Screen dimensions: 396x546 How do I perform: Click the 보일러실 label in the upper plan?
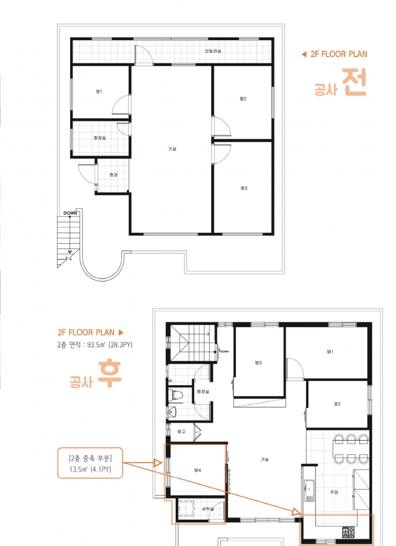click(213, 51)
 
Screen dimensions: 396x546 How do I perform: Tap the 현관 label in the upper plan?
click(114, 175)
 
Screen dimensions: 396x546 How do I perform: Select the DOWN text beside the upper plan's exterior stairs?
click(70, 213)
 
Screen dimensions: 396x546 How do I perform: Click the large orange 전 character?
click(354, 81)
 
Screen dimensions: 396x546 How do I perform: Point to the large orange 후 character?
click(109, 375)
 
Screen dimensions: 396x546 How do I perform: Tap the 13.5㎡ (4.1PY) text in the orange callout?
click(90, 469)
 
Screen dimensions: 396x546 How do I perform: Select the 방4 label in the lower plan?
click(197, 470)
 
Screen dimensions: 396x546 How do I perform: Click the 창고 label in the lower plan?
click(181, 432)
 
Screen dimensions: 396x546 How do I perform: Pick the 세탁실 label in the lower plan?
click(208, 509)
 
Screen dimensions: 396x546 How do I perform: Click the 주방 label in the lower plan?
click(334, 492)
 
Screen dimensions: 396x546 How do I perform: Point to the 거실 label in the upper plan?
click(172, 149)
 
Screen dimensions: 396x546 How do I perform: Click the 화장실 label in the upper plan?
click(99, 138)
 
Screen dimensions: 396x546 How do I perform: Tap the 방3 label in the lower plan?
click(258, 363)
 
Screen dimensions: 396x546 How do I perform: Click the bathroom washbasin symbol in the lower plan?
click(172, 413)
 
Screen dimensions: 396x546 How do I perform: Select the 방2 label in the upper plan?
click(243, 99)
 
